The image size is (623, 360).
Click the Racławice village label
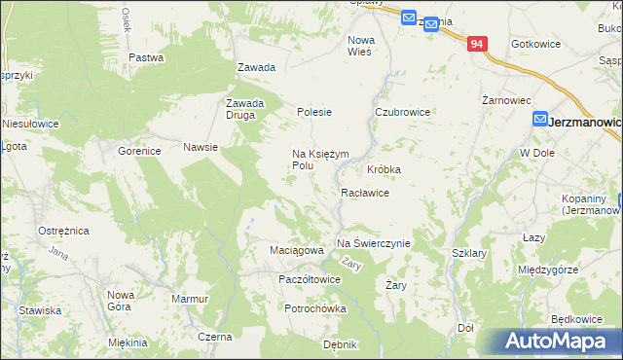click(x=365, y=193)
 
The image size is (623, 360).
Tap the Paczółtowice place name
click(x=309, y=279)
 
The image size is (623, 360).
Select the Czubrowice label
click(x=403, y=112)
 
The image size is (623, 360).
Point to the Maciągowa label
click(x=296, y=250)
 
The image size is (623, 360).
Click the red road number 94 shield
click(x=477, y=44)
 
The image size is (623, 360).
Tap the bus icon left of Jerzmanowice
click(x=539, y=119)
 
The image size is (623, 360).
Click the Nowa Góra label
click(x=121, y=300)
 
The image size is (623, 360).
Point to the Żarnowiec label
click(x=506, y=99)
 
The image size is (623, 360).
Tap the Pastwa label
click(x=145, y=57)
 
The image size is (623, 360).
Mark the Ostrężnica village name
click(x=63, y=231)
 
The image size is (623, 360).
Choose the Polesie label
click(x=314, y=112)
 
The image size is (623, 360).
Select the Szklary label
click(x=469, y=253)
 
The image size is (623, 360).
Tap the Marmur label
click(x=190, y=299)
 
